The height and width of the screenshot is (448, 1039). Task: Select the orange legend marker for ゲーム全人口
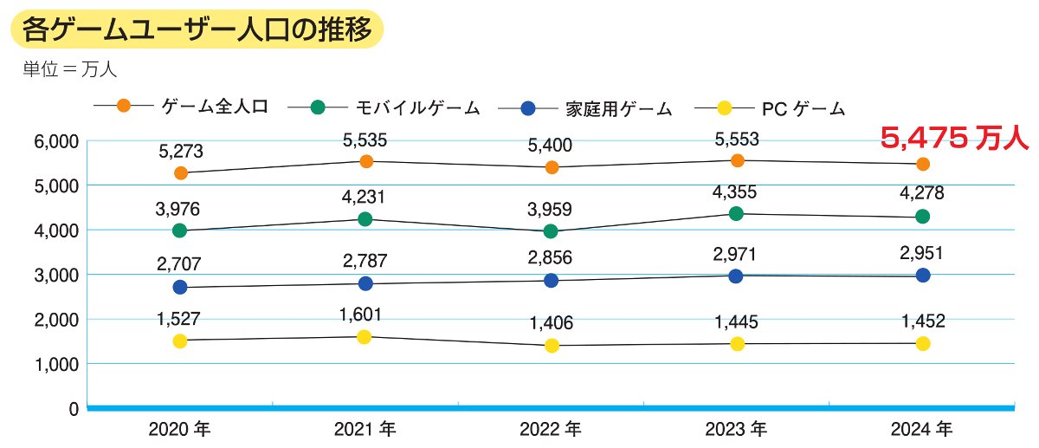(x=124, y=106)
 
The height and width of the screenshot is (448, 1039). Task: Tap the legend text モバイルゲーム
(x=417, y=107)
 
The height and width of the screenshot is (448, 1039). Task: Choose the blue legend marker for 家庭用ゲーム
(x=529, y=108)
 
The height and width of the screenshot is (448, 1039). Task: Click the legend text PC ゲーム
(x=803, y=108)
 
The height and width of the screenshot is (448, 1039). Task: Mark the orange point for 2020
(x=181, y=173)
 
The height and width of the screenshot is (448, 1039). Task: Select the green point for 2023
(x=737, y=213)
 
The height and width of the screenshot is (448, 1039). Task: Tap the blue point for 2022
(x=552, y=280)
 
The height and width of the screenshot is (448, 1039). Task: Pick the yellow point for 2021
(x=365, y=337)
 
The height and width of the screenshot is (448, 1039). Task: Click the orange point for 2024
(x=923, y=164)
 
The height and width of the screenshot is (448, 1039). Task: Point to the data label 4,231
(x=365, y=198)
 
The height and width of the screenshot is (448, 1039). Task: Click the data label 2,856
(x=552, y=259)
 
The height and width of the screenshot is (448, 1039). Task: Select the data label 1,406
(x=552, y=323)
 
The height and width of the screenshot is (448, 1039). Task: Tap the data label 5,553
(x=737, y=139)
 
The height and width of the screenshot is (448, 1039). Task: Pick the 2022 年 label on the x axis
(x=552, y=429)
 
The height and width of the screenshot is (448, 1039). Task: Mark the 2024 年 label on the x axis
(x=923, y=429)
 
